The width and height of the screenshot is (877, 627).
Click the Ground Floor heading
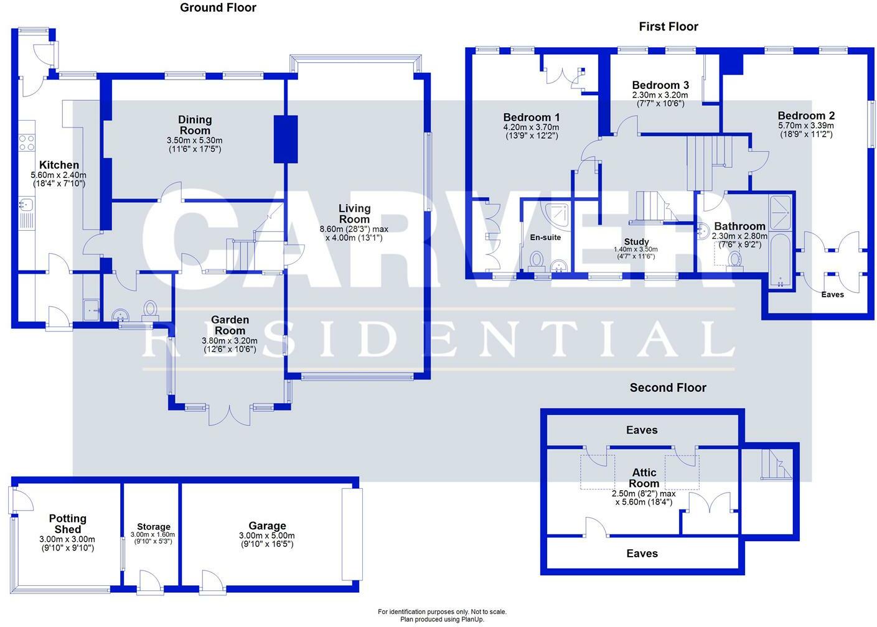218,8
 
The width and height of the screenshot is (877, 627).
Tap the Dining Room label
195,125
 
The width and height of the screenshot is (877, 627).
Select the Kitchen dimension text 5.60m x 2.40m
59,175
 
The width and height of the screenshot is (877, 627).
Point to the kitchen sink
26,204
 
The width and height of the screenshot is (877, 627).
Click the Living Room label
354,213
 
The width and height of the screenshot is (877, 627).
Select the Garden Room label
230,325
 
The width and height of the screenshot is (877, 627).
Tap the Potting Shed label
67,524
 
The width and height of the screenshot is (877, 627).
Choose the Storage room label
154,526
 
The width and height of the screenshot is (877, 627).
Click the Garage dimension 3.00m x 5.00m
266,536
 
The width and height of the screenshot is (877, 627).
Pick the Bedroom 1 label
531,117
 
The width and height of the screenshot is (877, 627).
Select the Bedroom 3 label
660,85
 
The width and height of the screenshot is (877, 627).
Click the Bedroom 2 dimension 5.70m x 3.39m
805,125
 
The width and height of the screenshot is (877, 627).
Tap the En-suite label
545,237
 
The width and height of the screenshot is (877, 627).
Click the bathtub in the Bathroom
779,258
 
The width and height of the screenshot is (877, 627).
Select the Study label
635,241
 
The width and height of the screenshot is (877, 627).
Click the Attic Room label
644,478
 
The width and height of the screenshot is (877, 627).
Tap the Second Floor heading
668,388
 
